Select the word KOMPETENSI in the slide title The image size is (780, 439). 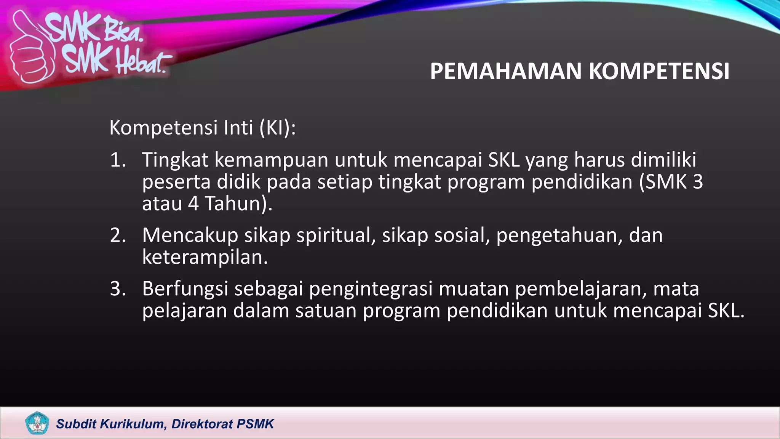tap(659, 71)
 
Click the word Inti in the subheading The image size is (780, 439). tap(238, 128)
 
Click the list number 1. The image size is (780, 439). tap(118, 160)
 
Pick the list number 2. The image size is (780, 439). tap(118, 236)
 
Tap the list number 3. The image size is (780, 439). tap(118, 289)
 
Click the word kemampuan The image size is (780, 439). tap(271, 160)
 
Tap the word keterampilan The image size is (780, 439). tap(205, 258)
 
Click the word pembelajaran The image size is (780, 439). tap(581, 289)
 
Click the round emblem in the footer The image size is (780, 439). tap(37, 423)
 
